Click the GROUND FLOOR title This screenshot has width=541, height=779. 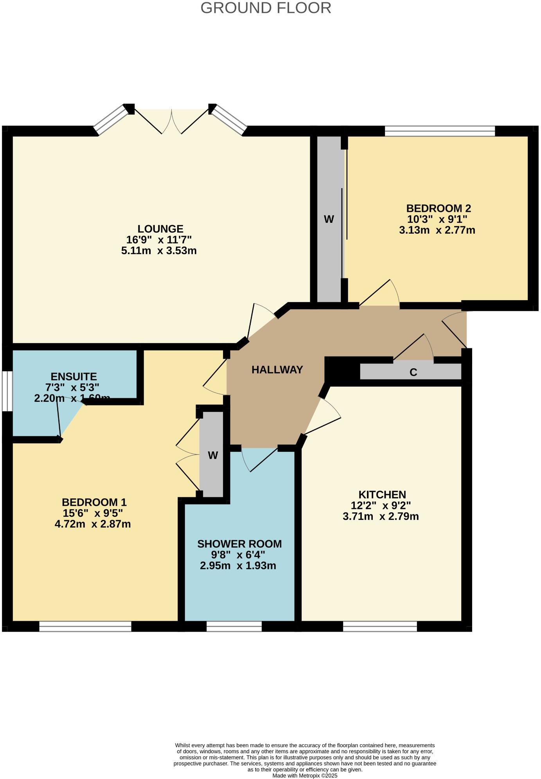coord(266,8)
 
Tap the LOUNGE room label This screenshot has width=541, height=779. coord(160,229)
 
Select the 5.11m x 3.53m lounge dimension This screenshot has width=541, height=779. coord(159,251)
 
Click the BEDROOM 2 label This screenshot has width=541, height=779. coord(438,208)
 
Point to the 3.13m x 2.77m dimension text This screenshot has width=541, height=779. coord(437,230)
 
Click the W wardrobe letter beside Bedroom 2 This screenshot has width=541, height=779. coord(329,219)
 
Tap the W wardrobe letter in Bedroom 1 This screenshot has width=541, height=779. coord(213,455)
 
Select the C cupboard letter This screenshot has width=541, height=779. coord(413,372)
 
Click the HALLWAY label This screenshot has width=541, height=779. coord(277,370)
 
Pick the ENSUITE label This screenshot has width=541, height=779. coord(74,377)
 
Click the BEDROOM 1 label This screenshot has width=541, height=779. coord(94,502)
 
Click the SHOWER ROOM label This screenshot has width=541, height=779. coord(239,544)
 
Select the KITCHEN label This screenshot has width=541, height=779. coord(382,494)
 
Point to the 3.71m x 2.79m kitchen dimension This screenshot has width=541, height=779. coord(381,516)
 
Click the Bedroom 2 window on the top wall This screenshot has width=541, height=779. coord(440,131)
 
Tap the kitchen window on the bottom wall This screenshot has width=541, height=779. coord(380,626)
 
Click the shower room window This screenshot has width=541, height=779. coord(234,626)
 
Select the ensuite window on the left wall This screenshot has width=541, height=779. coord(7,391)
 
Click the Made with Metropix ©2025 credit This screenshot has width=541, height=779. coord(305,775)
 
